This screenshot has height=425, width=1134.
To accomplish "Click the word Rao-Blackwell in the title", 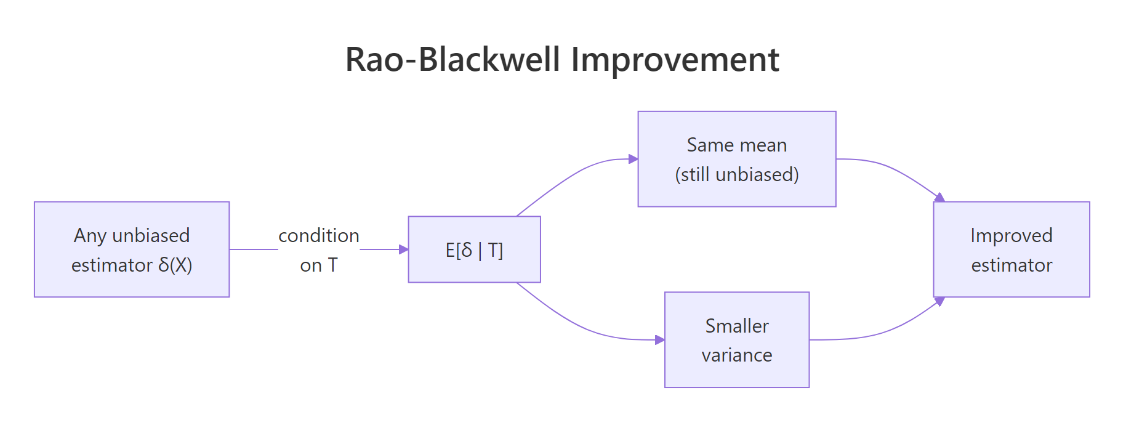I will [x=452, y=60].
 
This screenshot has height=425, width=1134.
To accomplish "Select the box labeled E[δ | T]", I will [x=474, y=249].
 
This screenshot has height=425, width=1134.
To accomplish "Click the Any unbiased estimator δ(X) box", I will [x=132, y=249].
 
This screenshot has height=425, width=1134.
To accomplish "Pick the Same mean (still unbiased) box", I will [x=736, y=159].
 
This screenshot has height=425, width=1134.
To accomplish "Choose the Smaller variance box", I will [x=736, y=339].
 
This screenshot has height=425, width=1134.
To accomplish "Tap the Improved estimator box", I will [x=1011, y=249].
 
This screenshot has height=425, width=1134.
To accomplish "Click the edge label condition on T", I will [x=319, y=249].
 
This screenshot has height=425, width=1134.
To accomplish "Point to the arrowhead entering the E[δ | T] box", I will [x=404, y=249].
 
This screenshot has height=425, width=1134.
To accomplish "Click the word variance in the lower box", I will [x=736, y=355].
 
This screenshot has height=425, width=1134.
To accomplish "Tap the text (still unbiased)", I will [x=736, y=174].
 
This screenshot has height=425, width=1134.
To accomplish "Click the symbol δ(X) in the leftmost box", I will [x=175, y=265].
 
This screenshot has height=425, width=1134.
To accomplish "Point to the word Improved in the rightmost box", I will [x=1011, y=235].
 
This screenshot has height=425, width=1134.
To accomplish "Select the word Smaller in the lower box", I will [x=736, y=325].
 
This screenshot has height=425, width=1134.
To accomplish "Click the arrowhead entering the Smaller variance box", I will [x=660, y=339].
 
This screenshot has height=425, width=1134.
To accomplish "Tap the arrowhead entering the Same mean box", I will [x=633, y=159].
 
